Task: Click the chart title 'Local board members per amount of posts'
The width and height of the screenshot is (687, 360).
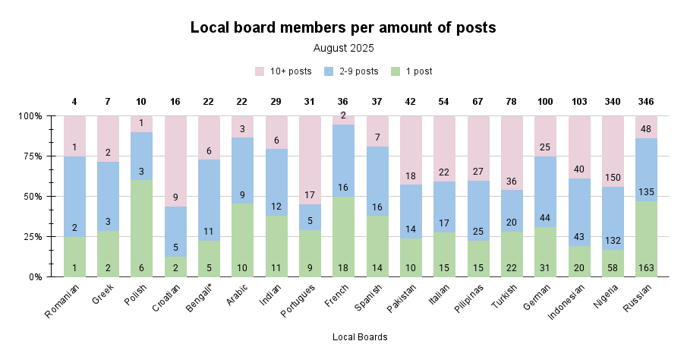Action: click(x=343, y=28)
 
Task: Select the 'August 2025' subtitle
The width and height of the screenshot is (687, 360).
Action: click(x=343, y=48)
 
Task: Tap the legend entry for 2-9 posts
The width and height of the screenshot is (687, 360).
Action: click(x=351, y=71)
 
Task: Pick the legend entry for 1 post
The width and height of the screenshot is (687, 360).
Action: click(x=411, y=71)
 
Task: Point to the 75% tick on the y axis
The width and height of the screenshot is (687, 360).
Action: click(x=32, y=156)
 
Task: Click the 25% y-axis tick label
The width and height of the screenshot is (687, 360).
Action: click(x=32, y=237)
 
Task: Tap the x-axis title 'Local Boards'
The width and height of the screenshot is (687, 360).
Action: click(x=360, y=337)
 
